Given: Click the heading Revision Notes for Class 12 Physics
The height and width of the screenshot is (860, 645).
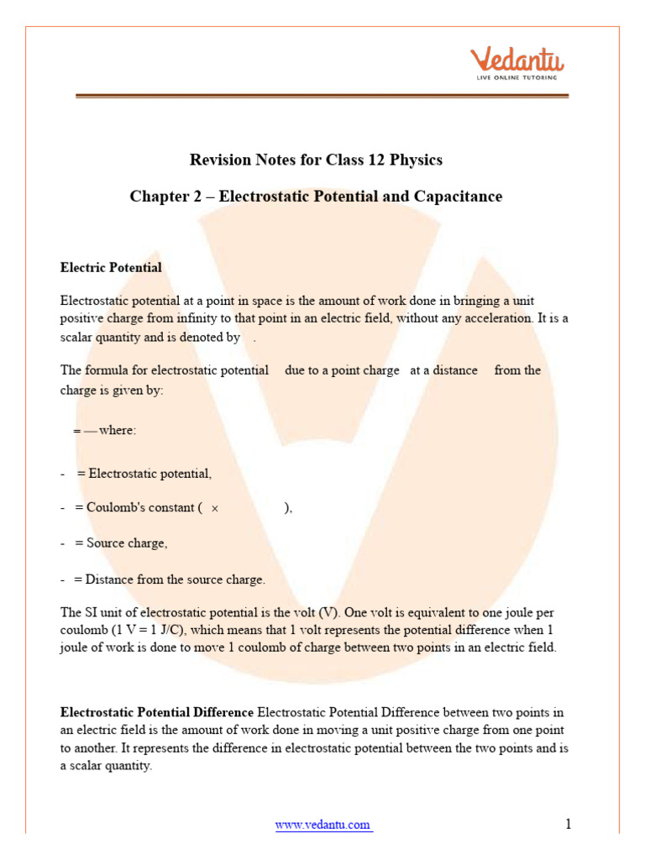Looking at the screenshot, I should click(316, 159).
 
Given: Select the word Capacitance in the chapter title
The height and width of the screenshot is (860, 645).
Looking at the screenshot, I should click(458, 197).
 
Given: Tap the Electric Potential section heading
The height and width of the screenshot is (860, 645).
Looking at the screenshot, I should click(111, 267).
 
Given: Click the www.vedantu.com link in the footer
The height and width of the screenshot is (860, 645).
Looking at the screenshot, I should click(323, 825).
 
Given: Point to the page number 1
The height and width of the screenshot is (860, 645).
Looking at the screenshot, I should click(569, 824).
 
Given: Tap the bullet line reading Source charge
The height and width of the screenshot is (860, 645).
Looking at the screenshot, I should click(120, 543).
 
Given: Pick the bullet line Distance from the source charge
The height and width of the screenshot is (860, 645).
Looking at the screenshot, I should click(169, 579).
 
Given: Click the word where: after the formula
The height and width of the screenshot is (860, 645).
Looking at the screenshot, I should click(117, 430).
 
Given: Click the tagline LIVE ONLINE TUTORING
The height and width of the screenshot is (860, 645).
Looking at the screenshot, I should click(517, 77).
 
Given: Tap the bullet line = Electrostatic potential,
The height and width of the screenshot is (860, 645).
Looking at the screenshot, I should click(144, 474).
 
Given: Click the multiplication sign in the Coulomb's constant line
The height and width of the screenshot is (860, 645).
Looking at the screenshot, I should click(215, 509).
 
